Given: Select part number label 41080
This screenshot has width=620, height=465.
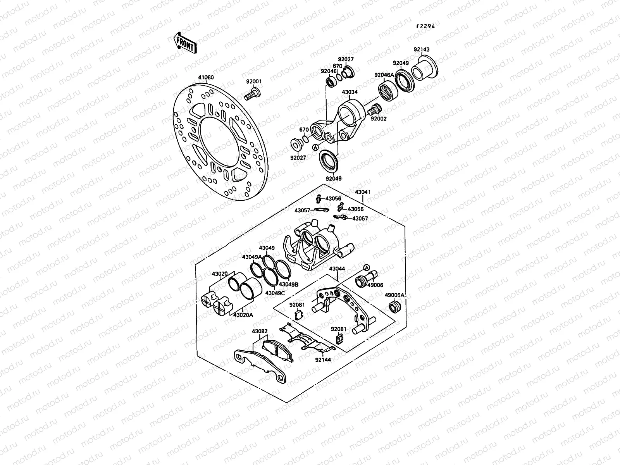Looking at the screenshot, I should pyautogui.click(x=206, y=77).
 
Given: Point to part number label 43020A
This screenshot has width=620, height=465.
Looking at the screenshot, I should pyautogui.click(x=243, y=315).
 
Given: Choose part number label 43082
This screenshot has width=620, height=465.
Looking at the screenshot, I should pyautogui.click(x=260, y=332).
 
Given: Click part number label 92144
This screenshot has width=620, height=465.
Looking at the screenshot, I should pyautogui.click(x=323, y=360).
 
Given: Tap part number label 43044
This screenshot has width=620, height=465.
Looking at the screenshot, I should pyautogui.click(x=337, y=269).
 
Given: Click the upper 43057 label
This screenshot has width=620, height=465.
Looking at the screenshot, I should pyautogui.click(x=302, y=210).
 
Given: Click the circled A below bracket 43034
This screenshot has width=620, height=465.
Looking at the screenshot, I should pyautogui.click(x=316, y=147).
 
